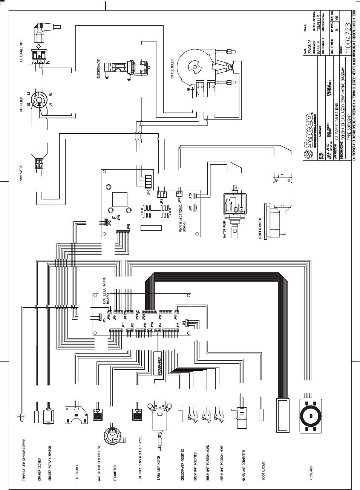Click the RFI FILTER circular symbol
point(39,100)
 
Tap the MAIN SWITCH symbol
point(38,162)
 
